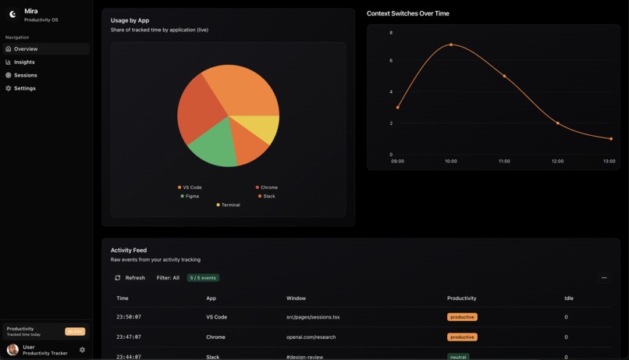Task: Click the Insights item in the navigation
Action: (24, 62)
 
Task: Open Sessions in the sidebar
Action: (25, 75)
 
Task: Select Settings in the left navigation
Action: (24, 88)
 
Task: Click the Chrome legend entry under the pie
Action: (267, 187)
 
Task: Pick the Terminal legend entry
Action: (229, 205)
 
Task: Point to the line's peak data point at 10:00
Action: (451, 45)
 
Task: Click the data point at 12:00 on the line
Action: (557, 123)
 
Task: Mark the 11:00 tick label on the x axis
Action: (504, 161)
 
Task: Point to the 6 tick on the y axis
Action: (391, 60)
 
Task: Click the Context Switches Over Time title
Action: (408, 13)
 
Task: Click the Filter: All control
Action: (168, 278)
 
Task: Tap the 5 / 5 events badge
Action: (203, 278)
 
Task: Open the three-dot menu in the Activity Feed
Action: (604, 278)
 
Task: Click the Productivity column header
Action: (461, 298)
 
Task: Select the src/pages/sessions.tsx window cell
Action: (313, 317)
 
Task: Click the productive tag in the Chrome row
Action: (462, 337)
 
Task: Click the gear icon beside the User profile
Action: (82, 350)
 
